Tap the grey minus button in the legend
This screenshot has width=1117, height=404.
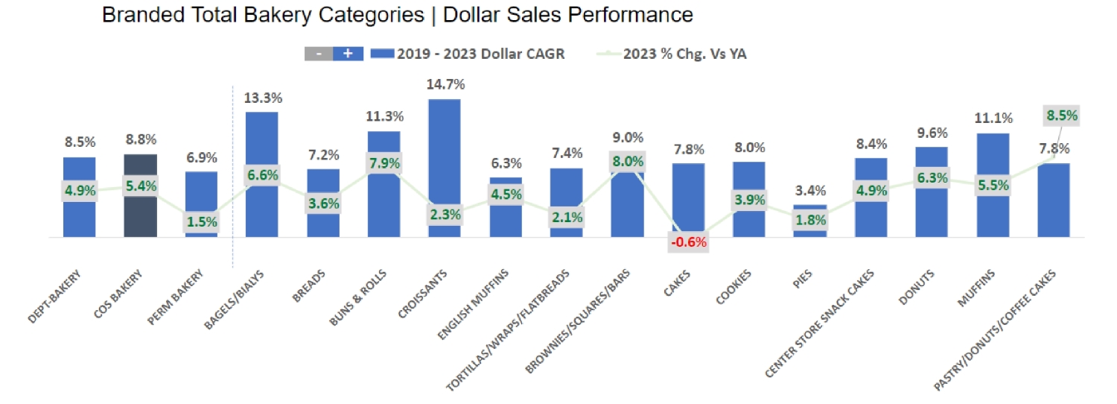tap(318, 54)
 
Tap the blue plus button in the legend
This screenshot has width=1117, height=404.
tap(348, 54)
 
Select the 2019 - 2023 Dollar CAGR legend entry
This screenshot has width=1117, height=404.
tap(467, 54)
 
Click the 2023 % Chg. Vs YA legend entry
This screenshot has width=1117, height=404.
tap(674, 54)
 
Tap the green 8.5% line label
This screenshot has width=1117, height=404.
tap(1061, 116)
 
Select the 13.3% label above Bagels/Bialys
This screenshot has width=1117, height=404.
tap(262, 97)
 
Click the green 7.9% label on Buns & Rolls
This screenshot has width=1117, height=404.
tap(384, 162)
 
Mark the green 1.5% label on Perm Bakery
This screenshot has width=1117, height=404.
tap(201, 221)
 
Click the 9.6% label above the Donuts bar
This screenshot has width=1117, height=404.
tap(932, 133)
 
